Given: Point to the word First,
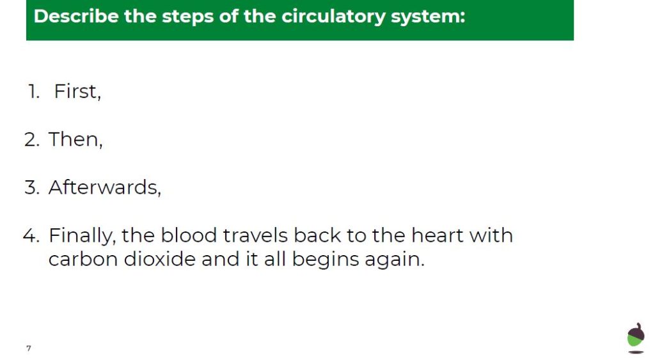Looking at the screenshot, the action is tap(77, 91).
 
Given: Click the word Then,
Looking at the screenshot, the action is tap(75, 139).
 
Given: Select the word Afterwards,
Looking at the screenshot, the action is tap(105, 187).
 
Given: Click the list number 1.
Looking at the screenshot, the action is tap(34, 91).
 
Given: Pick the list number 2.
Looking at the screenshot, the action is tap(32, 139).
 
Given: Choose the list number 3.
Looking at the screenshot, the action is tap(32, 187).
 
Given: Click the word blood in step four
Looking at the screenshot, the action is tap(189, 235).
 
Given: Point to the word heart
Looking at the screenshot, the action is tap(438, 235).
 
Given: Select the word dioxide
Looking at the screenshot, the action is tap(160, 259).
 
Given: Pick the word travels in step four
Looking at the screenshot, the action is tap(255, 235).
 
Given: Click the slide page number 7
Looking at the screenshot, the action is tap(28, 348).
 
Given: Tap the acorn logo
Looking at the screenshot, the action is tap(636, 338).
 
